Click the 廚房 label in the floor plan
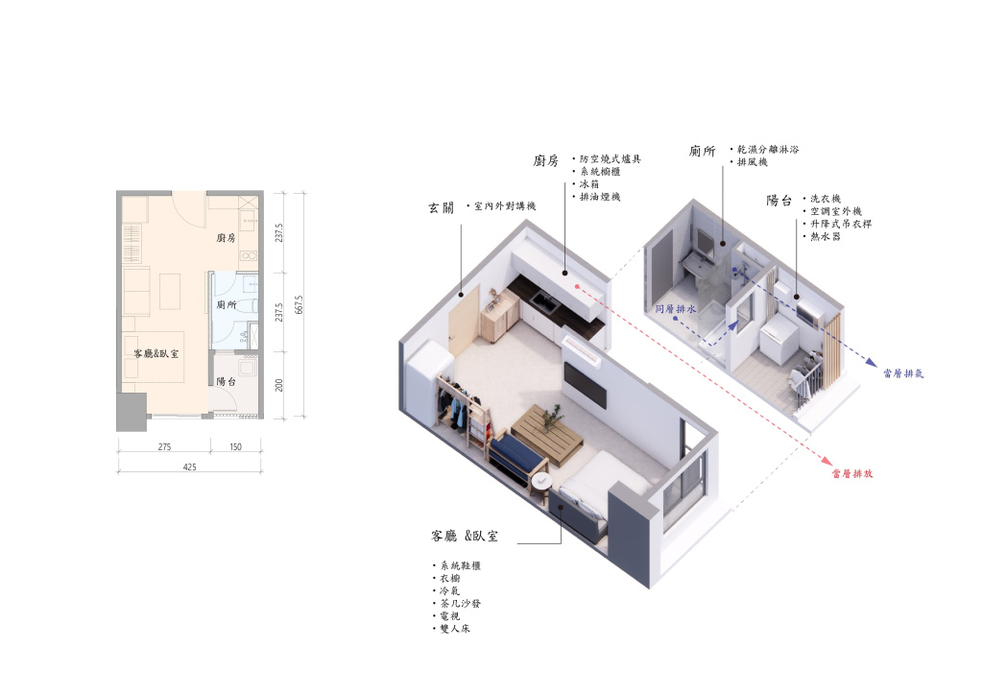pyautogui.click(x=226, y=237)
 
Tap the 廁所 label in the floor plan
pyautogui.click(x=227, y=304)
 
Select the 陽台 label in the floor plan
pyautogui.click(x=226, y=381)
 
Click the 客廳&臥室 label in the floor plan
pyautogui.click(x=156, y=353)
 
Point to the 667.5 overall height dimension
pyautogui.click(x=300, y=304)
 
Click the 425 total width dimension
pyautogui.click(x=189, y=467)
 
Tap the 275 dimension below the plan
pyautogui.click(x=164, y=446)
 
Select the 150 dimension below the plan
pyautogui.click(x=235, y=446)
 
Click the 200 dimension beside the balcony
pyautogui.click(x=279, y=385)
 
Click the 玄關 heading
pyautogui.click(x=441, y=207)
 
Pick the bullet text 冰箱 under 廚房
pyautogui.click(x=589, y=183)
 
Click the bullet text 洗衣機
pyautogui.click(x=825, y=198)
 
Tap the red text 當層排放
pyautogui.click(x=852, y=474)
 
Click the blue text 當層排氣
pyautogui.click(x=903, y=373)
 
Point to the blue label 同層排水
pyautogui.click(x=675, y=309)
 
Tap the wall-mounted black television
pyautogui.click(x=585, y=384)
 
